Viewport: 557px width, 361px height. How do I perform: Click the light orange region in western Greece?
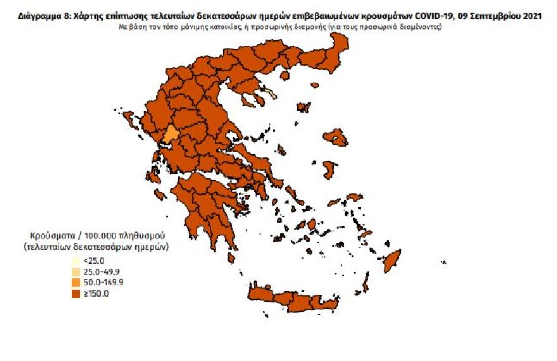pos(170,135)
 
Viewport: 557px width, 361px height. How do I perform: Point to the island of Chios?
pos(330,169)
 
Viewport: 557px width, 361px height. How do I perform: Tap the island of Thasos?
pos(285,75)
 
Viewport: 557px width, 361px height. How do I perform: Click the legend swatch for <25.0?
pos(75,260)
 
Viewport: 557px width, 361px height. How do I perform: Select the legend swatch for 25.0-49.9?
pos(75,271)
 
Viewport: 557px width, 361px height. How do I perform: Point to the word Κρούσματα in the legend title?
pos(53,233)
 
